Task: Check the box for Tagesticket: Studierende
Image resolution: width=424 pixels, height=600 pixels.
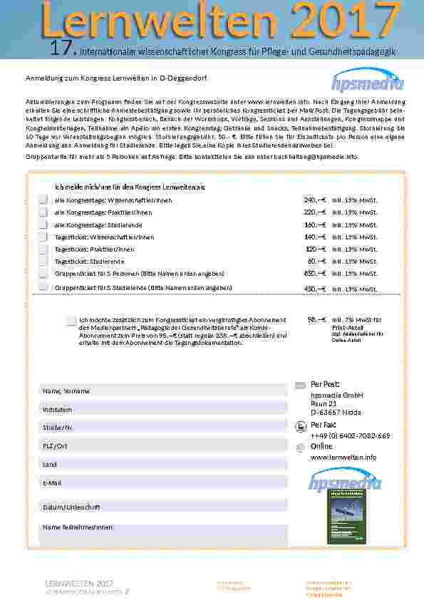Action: click(43, 262)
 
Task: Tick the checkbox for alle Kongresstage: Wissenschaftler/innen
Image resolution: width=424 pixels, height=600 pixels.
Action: click(43, 200)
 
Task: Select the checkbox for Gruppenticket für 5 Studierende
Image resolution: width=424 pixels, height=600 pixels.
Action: click(43, 287)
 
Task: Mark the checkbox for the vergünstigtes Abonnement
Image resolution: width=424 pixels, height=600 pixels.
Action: click(71, 321)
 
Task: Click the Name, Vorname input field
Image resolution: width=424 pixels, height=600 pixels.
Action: click(163, 391)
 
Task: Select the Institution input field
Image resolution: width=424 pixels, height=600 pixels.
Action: click(163, 410)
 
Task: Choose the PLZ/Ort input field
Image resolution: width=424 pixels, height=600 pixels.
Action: click(163, 445)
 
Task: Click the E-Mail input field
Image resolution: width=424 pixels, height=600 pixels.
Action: click(163, 482)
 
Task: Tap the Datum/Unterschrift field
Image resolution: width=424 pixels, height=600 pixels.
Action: click(163, 507)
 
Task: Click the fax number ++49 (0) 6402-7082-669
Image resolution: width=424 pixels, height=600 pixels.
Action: click(350, 435)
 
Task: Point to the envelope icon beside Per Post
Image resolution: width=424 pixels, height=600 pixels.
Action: click(300, 386)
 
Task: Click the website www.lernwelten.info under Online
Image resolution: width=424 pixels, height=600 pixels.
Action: click(343, 457)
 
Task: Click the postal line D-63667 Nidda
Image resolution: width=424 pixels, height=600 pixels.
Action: click(334, 412)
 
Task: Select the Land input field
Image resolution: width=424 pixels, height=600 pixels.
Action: click(163, 464)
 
